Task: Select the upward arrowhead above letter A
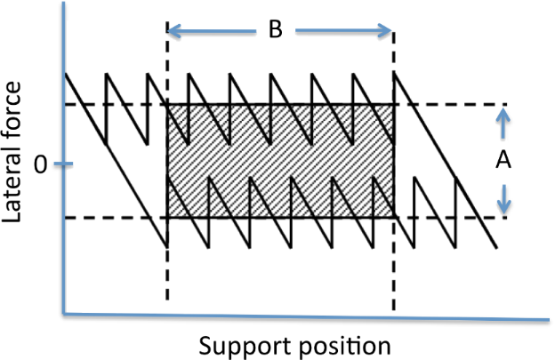coord(504,114)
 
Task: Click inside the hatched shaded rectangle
coord(280,161)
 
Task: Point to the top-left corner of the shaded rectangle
coord(167,104)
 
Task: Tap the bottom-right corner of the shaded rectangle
coord(393,218)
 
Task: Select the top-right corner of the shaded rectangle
coord(393,104)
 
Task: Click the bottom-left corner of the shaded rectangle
coord(167,218)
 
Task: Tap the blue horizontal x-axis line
coord(302,316)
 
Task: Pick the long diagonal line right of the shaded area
coord(445,160)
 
